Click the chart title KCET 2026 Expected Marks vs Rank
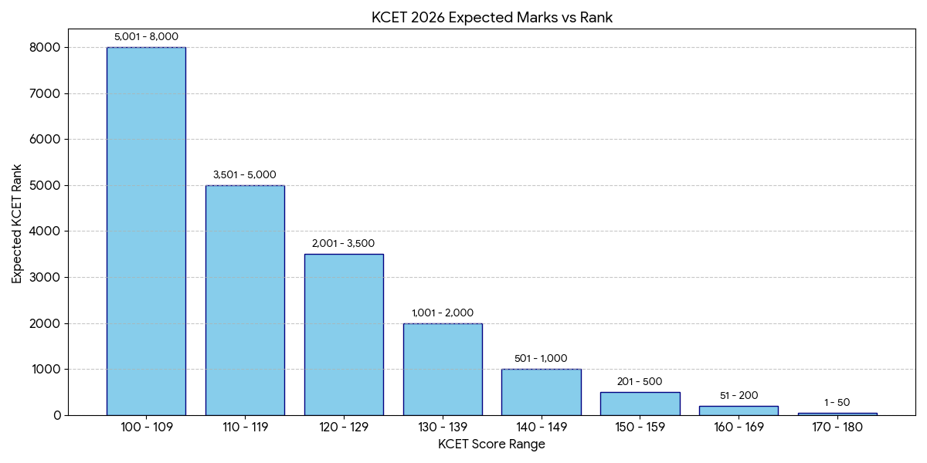491,18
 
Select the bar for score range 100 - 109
146,231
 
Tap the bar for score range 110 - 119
245,300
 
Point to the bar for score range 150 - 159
640,404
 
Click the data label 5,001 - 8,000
146,36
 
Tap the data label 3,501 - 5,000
245,174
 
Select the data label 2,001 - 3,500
344,244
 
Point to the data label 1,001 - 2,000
443,313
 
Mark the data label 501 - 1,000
541,358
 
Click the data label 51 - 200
739,396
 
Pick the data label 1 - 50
837,403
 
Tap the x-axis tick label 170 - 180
837,427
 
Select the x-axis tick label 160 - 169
739,427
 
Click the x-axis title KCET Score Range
491,444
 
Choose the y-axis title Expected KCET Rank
17,224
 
